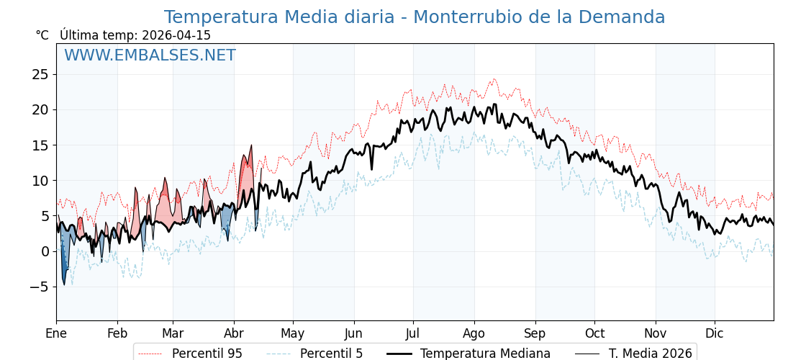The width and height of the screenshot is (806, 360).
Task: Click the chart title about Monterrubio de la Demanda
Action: pos(414,17)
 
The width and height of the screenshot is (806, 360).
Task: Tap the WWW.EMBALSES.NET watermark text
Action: pos(150,55)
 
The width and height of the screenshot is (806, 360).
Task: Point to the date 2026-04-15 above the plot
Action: pos(176,35)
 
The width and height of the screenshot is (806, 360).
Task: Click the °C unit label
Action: pos(42,35)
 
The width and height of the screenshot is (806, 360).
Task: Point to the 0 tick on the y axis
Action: pos(45,251)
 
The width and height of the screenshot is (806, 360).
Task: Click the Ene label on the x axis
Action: pos(56,334)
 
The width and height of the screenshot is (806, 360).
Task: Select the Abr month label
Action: pos(234,334)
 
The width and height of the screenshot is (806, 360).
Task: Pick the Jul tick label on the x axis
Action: pos(413,334)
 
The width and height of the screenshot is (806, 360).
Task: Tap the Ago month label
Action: pos(474,334)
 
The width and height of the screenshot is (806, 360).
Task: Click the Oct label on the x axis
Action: pos(594,334)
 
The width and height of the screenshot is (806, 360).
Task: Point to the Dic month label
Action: pos(715,334)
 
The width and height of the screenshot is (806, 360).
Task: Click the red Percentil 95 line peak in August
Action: pos(494,79)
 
